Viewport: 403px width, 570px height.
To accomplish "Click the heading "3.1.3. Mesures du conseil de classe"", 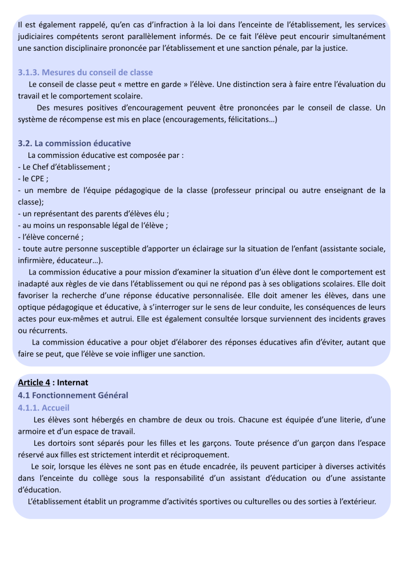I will tap(85, 72).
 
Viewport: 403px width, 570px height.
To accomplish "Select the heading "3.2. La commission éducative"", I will tap(74, 144).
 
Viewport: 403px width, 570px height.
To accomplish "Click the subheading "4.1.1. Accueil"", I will tap(43, 407).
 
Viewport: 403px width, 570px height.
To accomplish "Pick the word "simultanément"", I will tap(355, 37).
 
